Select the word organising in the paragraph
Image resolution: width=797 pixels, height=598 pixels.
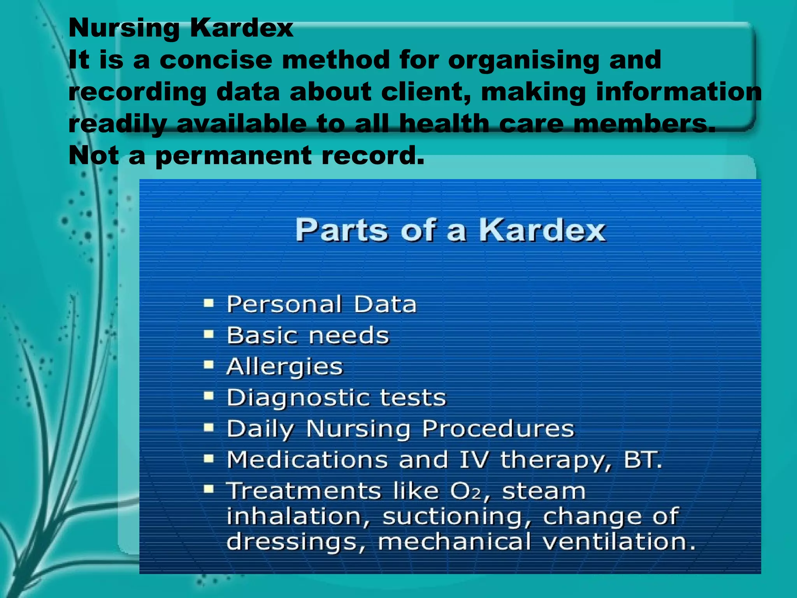coord(522,61)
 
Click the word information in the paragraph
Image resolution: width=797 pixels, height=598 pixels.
coord(679,92)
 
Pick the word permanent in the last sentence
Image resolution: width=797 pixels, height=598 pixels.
coord(233,156)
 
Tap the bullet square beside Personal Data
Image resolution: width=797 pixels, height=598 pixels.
coord(209,303)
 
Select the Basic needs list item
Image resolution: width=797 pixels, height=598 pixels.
coord(308,335)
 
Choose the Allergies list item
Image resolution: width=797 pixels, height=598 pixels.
coord(284,367)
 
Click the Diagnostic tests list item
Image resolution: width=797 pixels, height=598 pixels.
coord(336,397)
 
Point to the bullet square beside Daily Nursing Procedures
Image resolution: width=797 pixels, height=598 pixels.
coord(209,428)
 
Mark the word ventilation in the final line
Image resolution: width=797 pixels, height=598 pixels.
coord(619,542)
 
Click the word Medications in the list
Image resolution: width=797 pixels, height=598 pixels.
coord(307,459)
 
